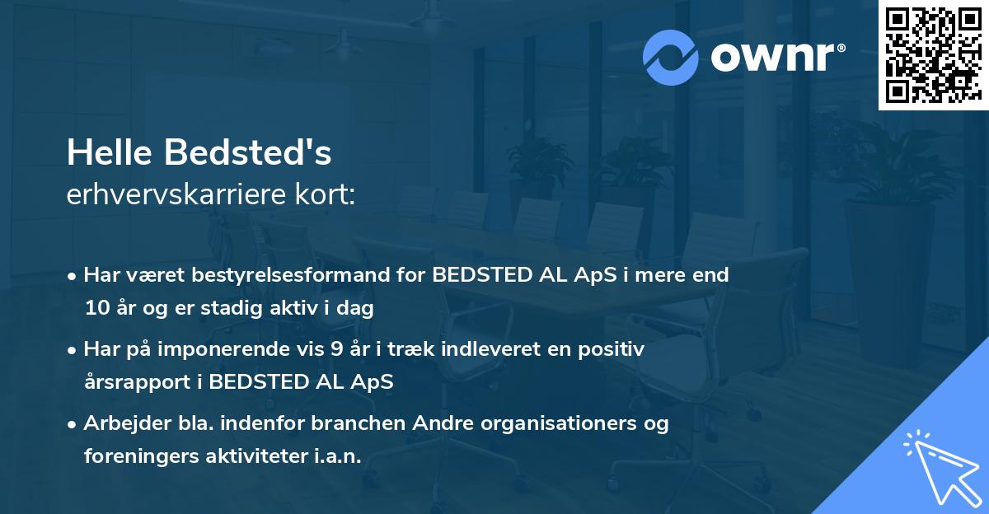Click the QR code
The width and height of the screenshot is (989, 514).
coord(933,55)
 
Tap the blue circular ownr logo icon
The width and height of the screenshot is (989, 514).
coord(670,58)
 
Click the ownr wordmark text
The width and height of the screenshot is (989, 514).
coord(777,57)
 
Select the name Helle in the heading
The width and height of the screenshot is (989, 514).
coord(110,152)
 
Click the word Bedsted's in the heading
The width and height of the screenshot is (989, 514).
coord(248,152)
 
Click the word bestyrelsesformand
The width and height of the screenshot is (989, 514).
coord(289,274)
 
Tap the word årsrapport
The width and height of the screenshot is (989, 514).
coord(138,382)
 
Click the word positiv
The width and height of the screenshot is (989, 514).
coord(611,350)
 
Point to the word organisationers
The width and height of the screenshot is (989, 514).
coord(559,424)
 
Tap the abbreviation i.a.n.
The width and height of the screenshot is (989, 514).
coord(337,456)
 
